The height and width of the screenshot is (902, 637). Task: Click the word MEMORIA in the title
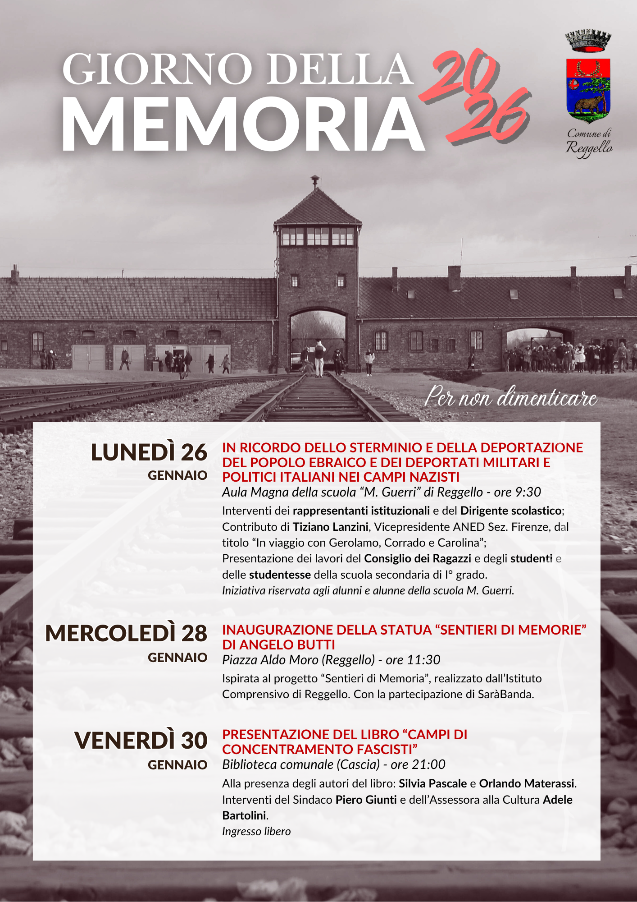click(x=243, y=124)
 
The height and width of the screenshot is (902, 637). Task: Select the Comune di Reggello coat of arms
click(x=588, y=90)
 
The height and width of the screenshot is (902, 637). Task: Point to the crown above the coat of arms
click(x=588, y=41)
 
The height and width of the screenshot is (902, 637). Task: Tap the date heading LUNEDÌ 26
click(x=149, y=452)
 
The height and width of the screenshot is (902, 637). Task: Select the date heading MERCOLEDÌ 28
click(x=126, y=634)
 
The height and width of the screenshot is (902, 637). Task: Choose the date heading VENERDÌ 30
click(x=141, y=741)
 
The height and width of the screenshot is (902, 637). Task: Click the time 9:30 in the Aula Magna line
click(x=528, y=492)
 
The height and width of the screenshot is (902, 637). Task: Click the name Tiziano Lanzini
click(x=330, y=527)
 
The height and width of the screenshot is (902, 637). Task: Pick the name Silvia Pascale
click(x=432, y=783)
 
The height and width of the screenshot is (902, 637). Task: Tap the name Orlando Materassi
click(x=527, y=783)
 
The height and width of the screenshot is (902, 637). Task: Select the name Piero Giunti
click(x=366, y=800)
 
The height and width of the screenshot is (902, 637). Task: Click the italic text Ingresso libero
click(x=256, y=831)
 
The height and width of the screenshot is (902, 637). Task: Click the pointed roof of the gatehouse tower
click(x=318, y=207)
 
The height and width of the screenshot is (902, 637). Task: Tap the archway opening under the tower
click(x=318, y=338)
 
